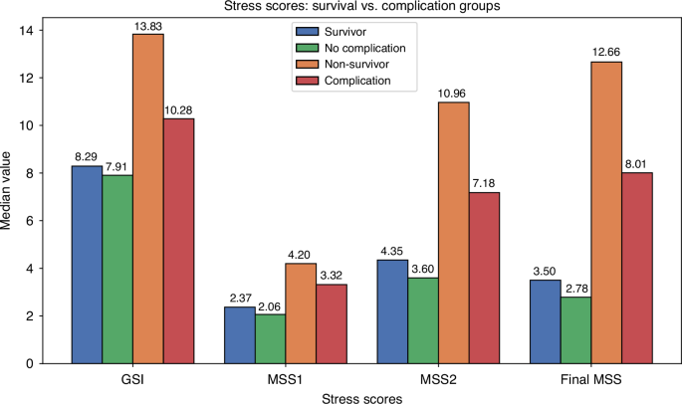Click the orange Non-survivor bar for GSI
[x=147, y=199]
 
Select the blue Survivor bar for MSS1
[x=239, y=335]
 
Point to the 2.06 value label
[x=270, y=304]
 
